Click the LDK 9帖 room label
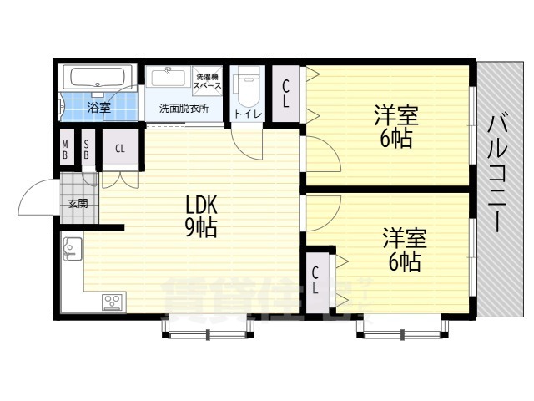[201, 217]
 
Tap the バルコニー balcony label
[498, 174]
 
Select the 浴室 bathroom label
[98, 108]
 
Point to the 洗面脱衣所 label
[184, 109]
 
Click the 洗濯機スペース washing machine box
[208, 80]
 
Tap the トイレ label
[248, 114]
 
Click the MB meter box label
[65, 150]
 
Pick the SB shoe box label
[86, 150]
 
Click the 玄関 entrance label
[78, 204]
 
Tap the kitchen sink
[73, 249]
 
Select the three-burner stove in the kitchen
[113, 302]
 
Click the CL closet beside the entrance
[120, 149]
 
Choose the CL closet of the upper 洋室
[285, 94]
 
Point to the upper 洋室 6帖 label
[396, 126]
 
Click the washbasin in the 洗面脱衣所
[168, 78]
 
